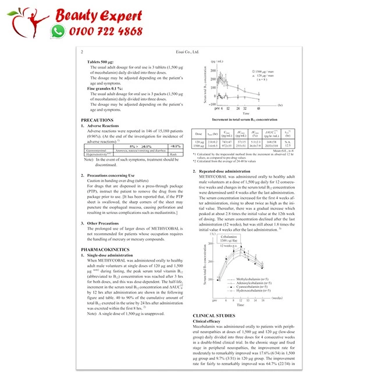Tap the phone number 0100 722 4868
[x=106, y=32]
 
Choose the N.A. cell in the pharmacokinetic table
[x=288, y=140]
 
